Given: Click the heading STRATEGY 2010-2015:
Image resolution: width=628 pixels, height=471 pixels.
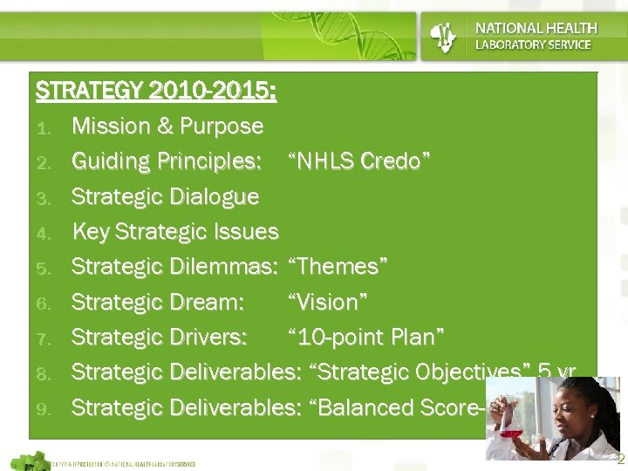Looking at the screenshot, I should click(156, 91).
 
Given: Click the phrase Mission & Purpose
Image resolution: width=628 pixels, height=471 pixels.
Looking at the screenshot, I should click(167, 126).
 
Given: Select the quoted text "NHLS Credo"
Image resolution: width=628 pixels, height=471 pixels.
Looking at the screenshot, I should click(358, 161).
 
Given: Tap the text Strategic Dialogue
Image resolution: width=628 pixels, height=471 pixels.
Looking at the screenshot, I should click(165, 196).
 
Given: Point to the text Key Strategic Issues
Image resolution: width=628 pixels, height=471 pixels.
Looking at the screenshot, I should click(175, 232).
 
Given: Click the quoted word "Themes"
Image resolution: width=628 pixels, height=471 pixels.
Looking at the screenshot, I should click(338, 267).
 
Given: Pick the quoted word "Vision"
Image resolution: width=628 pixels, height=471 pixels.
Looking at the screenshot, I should click(327, 302).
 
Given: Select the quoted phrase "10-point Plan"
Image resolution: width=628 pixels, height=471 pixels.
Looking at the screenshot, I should click(366, 337).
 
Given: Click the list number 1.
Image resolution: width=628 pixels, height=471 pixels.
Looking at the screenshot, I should click(47, 127).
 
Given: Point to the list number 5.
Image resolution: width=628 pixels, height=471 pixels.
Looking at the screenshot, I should click(47, 268).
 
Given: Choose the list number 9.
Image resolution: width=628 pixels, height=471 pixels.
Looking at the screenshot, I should click(47, 408).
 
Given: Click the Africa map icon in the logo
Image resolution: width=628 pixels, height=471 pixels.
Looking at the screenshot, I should click(445, 37).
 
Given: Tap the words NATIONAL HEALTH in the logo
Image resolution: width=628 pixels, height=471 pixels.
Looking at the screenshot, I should click(536, 29).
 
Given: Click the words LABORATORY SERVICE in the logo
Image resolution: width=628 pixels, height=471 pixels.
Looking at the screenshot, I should click(532, 44).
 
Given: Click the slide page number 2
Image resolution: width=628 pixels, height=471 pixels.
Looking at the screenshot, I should click(620, 459).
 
